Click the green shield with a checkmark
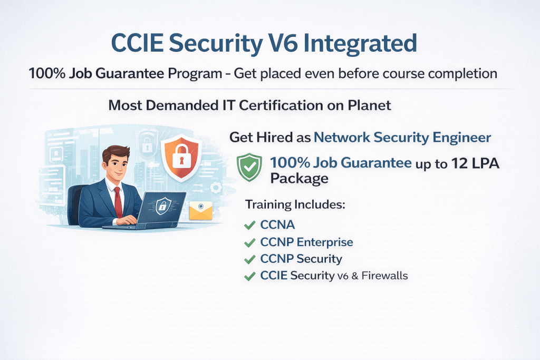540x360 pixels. (x=249, y=167)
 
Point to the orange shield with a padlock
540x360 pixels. (x=181, y=157)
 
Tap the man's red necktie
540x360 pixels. (x=119, y=202)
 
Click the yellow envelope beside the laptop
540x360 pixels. (x=201, y=210)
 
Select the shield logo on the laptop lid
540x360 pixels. (x=163, y=206)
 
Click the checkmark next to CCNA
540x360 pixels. (x=249, y=226)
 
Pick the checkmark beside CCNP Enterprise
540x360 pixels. (x=249, y=242)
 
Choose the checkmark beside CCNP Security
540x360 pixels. (x=249, y=259)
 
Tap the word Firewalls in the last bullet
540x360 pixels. (x=384, y=276)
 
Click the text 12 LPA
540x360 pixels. (x=475, y=163)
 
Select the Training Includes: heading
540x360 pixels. (x=295, y=205)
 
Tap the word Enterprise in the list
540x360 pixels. (x=325, y=242)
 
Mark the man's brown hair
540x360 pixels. (x=116, y=152)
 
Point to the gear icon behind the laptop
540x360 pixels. (x=216, y=188)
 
